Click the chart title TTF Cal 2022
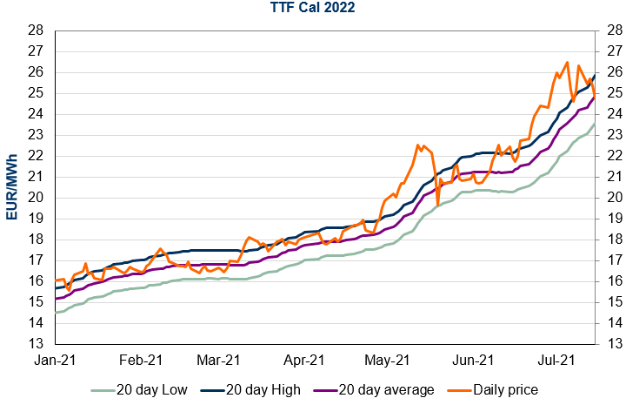[312, 10]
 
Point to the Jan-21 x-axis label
[56, 359]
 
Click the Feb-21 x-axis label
[141, 359]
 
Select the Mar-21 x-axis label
[218, 359]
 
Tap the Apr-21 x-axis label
[303, 359]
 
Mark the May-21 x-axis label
[387, 359]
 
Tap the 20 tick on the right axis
[610, 198]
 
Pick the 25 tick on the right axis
[610, 92]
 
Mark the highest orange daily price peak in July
[567, 62]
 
